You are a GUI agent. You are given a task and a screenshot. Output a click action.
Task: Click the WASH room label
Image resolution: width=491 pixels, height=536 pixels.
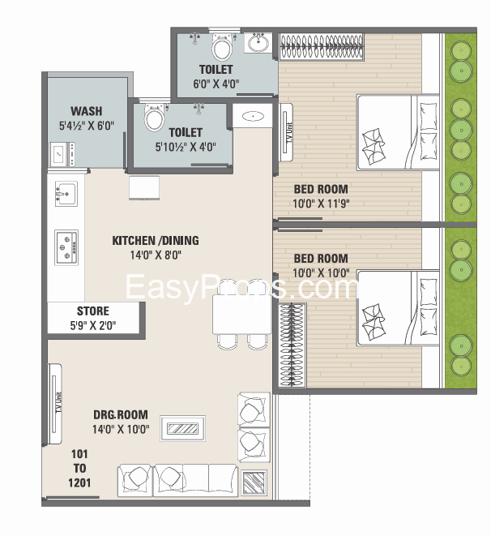pyautogui.click(x=87, y=111)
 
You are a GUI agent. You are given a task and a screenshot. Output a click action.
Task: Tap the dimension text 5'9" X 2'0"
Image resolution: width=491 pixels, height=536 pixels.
pyautogui.click(x=93, y=325)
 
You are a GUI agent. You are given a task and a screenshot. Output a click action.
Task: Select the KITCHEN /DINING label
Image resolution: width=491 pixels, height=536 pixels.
pyautogui.click(x=156, y=240)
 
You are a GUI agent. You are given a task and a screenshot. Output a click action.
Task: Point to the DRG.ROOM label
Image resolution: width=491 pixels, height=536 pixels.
pyautogui.click(x=121, y=414)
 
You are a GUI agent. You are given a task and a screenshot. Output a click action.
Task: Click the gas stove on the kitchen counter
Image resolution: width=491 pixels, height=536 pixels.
pyautogui.click(x=66, y=247)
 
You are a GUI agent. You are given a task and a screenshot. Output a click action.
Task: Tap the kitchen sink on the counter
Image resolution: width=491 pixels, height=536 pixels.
pyautogui.click(x=66, y=194)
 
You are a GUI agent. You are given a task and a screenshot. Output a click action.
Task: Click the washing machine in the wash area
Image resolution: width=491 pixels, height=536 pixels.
pyautogui.click(x=62, y=154)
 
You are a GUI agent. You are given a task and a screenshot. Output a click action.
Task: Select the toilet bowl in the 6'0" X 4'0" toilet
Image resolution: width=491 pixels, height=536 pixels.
pyautogui.click(x=222, y=47)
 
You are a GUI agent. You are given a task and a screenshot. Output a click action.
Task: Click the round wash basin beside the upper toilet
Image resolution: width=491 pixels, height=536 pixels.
pyautogui.click(x=258, y=43)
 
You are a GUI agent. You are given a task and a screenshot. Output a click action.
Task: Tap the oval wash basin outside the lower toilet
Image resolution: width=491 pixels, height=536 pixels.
pyautogui.click(x=253, y=116)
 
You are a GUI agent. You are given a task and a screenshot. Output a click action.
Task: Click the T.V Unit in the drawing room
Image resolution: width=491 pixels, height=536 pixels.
pyautogui.click(x=54, y=404)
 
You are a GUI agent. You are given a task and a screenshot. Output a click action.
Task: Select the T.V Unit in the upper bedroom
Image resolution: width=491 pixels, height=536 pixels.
pyautogui.click(x=286, y=132)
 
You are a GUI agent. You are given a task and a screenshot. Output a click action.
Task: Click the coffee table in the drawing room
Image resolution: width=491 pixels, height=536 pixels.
pyautogui.click(x=182, y=428)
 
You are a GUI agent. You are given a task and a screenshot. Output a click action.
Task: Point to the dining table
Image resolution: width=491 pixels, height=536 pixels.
pyautogui.click(x=241, y=314)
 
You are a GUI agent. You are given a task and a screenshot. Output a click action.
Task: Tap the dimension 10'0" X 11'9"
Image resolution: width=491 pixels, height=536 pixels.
pyautogui.click(x=321, y=204)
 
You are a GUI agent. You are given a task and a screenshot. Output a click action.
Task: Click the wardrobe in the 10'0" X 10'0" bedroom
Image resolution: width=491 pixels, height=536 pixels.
pyautogui.click(x=292, y=345)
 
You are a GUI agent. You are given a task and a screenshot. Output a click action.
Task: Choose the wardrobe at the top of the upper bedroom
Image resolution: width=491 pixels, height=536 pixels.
pyautogui.click(x=322, y=47)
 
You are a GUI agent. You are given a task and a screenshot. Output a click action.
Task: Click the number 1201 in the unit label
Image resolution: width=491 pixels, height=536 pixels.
pyautogui.click(x=79, y=482)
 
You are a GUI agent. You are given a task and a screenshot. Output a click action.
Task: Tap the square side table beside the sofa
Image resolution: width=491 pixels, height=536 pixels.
pyautogui.click(x=254, y=482)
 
